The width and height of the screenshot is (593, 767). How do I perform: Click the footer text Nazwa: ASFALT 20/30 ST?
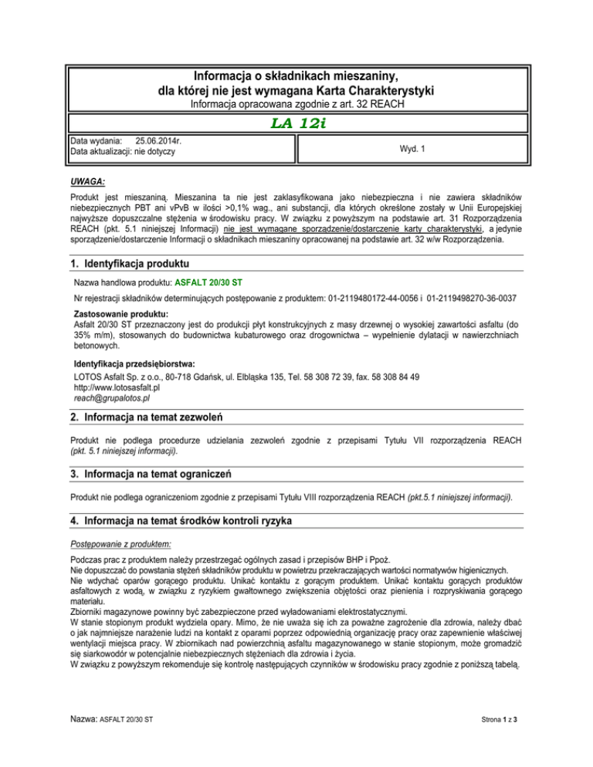tap(110, 742)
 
